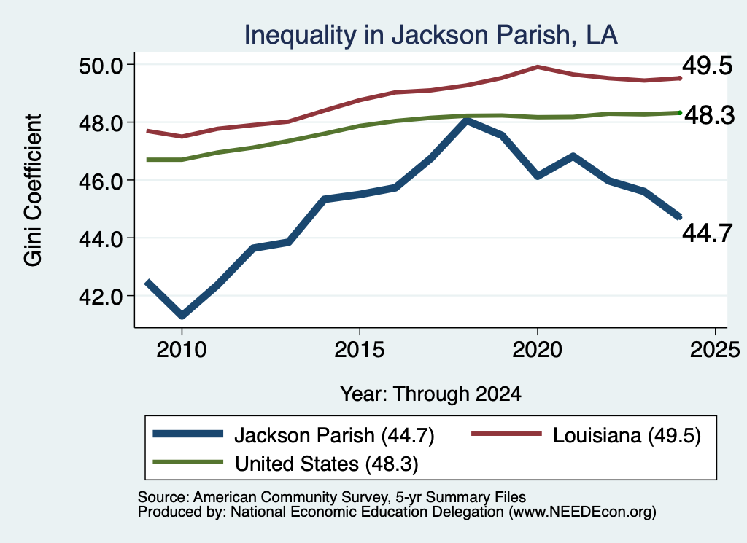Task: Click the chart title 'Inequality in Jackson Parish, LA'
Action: (x=430, y=35)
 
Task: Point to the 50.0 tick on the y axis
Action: (x=101, y=65)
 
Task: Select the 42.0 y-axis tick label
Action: (x=101, y=297)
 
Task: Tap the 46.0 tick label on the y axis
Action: (x=101, y=181)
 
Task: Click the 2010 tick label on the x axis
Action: (x=182, y=350)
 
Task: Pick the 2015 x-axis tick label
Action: (x=360, y=350)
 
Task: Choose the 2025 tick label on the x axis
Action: (x=715, y=350)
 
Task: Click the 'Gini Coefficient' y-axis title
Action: (x=33, y=190)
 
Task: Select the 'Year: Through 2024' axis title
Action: (x=430, y=394)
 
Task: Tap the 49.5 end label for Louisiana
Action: (x=707, y=66)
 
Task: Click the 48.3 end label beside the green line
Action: (x=709, y=115)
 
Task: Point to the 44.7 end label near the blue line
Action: (x=707, y=233)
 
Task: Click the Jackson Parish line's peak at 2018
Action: (x=467, y=121)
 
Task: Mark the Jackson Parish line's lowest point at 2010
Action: (x=182, y=315)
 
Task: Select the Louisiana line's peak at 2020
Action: (x=538, y=67)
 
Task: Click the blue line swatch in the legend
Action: (x=188, y=434)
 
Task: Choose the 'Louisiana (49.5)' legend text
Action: (x=627, y=435)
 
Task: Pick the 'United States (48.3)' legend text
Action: (x=327, y=464)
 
